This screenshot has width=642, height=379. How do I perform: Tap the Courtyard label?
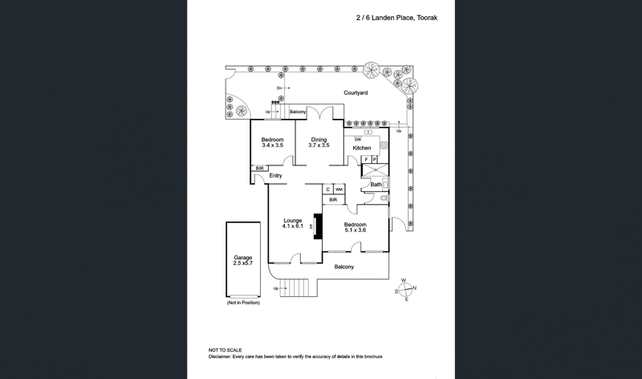pyautogui.click(x=356, y=93)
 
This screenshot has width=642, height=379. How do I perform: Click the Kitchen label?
pyautogui.click(x=362, y=149)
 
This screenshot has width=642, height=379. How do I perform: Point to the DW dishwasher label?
pyautogui.click(x=358, y=140)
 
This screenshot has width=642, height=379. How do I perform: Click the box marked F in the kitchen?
pyautogui.click(x=366, y=160)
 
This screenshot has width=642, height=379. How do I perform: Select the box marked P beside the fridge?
pyautogui.click(x=374, y=160)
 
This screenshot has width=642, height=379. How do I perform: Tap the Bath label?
pyautogui.click(x=376, y=185)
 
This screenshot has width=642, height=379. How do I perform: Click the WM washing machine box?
pyautogui.click(x=339, y=189)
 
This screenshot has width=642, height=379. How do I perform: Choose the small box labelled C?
pyautogui.click(x=328, y=189)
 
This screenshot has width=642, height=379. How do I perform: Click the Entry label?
pyautogui.click(x=276, y=175)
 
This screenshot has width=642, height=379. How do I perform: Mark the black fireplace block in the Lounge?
pyautogui.click(x=318, y=226)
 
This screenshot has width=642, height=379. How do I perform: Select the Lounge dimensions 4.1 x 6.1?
pyautogui.click(x=291, y=226)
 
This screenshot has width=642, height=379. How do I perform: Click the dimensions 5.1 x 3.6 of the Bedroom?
pyautogui.click(x=356, y=230)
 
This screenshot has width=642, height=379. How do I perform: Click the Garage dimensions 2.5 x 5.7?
pyautogui.click(x=242, y=263)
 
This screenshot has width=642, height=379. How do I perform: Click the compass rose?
pyautogui.click(x=406, y=290)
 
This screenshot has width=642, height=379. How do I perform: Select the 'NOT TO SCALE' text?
pyautogui.click(x=226, y=351)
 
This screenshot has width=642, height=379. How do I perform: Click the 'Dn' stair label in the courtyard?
pyautogui.click(x=279, y=87)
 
